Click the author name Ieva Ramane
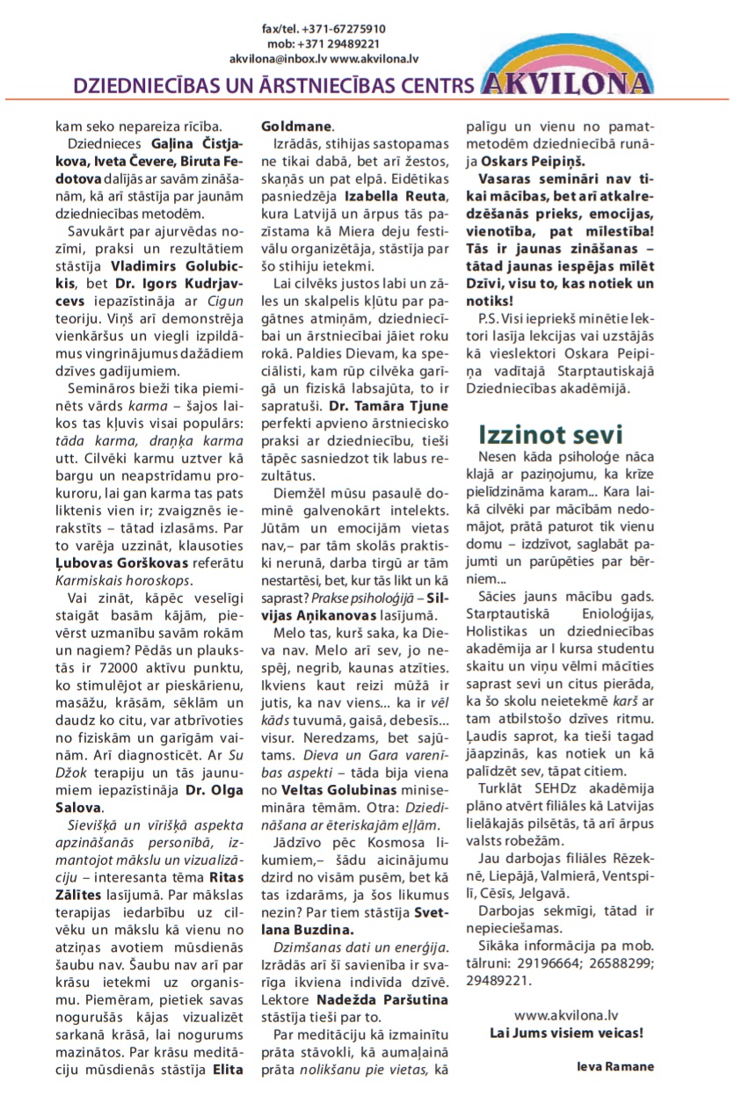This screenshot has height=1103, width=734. (x=615, y=1066)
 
